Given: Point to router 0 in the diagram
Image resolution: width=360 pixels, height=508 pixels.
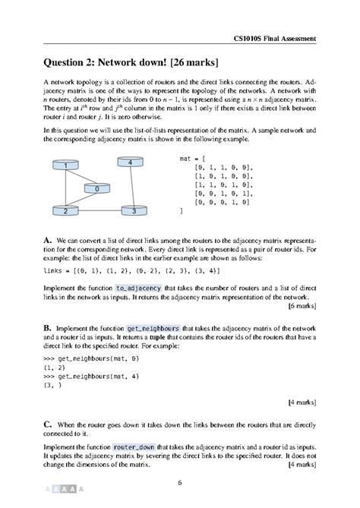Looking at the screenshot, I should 97,187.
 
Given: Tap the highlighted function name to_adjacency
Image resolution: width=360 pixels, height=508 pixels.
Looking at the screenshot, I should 138,289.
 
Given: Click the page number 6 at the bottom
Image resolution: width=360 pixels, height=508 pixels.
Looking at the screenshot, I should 180,481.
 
